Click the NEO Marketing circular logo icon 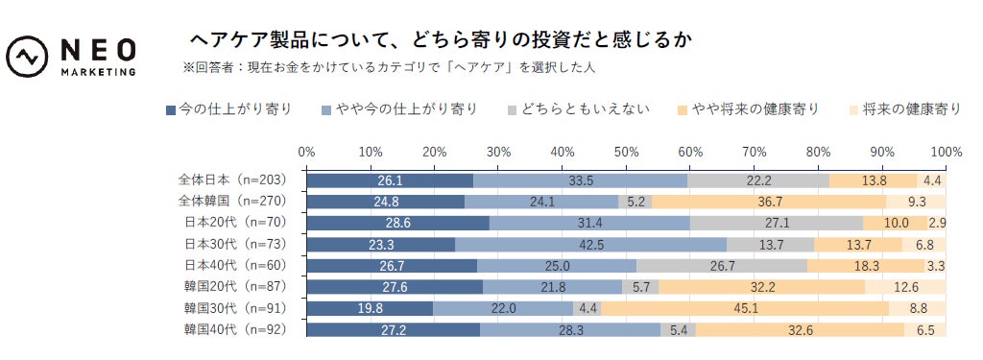point(28,57)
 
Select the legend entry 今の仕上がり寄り point(229,108)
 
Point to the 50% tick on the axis point(626,152)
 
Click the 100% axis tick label point(946,152)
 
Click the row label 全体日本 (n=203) point(232,180)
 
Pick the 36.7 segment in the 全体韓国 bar point(768,202)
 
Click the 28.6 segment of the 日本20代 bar point(397,223)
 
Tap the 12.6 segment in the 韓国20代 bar point(905,287)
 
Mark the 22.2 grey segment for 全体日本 point(758,180)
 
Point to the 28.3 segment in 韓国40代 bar point(570,329)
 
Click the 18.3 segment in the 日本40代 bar point(866,265)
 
